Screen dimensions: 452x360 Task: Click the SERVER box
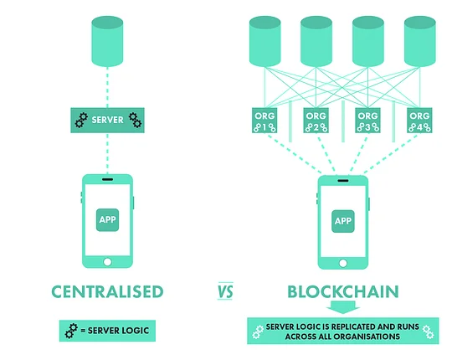click(x=107, y=121)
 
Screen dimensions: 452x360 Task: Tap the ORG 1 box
click(x=265, y=121)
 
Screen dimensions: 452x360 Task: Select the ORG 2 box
click(x=316, y=121)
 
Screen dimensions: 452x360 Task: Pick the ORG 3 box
click(x=367, y=121)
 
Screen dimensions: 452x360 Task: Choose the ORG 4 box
click(x=419, y=121)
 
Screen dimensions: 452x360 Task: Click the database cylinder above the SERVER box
click(x=107, y=42)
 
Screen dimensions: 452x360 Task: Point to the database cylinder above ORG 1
click(x=265, y=42)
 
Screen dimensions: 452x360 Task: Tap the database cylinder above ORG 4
click(x=419, y=42)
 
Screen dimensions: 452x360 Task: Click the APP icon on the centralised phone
click(x=107, y=220)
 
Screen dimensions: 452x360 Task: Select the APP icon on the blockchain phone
click(x=343, y=221)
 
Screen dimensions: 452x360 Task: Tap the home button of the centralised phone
click(x=107, y=262)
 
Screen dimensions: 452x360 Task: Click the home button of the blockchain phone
click(x=343, y=263)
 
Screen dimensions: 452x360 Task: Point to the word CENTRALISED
click(x=107, y=291)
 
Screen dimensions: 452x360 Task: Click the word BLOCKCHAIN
click(x=343, y=291)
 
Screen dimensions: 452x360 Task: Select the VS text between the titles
click(x=225, y=291)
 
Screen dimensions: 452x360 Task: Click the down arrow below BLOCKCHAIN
click(x=343, y=307)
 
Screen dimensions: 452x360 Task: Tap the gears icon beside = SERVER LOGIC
click(x=71, y=331)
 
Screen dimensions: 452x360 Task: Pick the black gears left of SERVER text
click(x=81, y=121)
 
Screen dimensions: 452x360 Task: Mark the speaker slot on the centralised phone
click(x=107, y=179)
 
